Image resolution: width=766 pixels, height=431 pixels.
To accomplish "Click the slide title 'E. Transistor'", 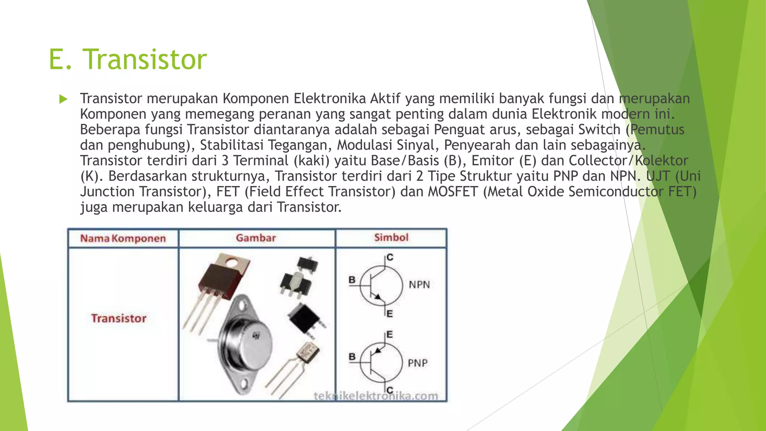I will [128, 59].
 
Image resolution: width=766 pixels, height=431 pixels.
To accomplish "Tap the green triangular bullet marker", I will [63, 99].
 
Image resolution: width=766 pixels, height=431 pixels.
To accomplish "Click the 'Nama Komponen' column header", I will [123, 238].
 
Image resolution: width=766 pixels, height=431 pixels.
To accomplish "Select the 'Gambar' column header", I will [256, 238].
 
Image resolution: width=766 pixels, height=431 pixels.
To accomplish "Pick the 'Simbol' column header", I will [391, 237].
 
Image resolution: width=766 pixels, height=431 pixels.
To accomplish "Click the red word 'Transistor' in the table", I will [119, 318].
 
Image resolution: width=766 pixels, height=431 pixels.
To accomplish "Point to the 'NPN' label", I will [419, 285].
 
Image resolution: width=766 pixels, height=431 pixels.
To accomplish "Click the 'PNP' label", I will [417, 363].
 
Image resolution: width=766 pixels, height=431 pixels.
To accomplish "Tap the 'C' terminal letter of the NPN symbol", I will [390, 257].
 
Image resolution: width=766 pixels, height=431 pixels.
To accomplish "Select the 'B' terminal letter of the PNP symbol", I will [352, 357].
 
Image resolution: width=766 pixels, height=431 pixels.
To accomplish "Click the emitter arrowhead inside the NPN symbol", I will [378, 297].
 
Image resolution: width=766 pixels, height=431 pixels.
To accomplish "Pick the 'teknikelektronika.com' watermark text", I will [376, 396].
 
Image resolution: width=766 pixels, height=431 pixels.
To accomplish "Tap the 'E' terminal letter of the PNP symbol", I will [389, 334].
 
